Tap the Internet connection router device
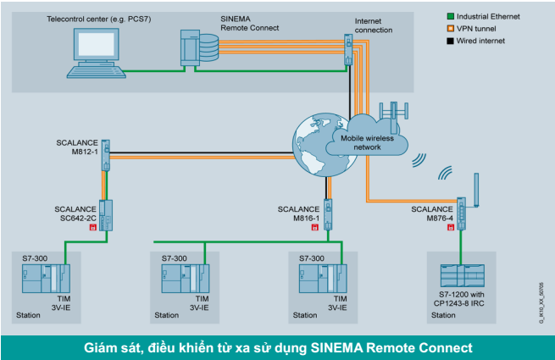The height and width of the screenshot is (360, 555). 347,50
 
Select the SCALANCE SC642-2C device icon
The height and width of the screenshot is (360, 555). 107,214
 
